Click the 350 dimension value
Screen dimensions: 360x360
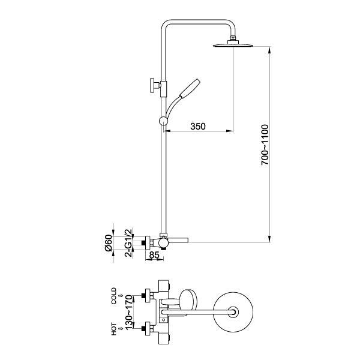(198, 126)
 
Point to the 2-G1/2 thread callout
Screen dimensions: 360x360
(128, 242)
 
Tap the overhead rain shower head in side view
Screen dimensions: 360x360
(232, 44)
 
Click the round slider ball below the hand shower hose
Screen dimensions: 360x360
(163, 122)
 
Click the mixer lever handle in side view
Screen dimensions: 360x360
(178, 241)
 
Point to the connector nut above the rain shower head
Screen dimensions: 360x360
(232, 39)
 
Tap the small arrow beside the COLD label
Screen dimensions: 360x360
(121, 295)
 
